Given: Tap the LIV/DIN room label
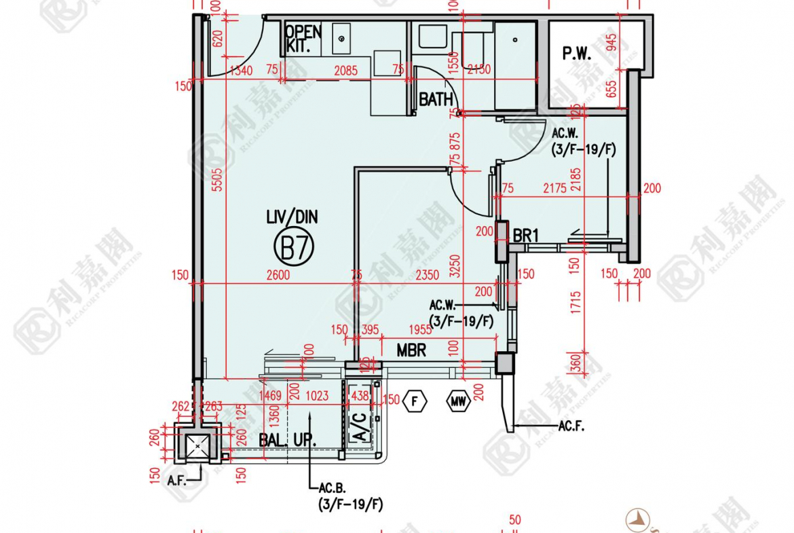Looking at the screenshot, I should (x=292, y=217).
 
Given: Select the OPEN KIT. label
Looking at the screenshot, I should (x=302, y=39).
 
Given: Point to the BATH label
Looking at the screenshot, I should (x=435, y=99).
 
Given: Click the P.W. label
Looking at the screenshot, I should (x=577, y=54).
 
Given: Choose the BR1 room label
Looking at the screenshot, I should (x=525, y=236).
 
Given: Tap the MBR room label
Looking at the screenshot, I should (x=411, y=350).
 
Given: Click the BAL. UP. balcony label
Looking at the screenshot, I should (x=287, y=440).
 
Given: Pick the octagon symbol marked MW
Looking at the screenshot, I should (x=458, y=401).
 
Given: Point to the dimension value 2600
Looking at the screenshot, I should (x=278, y=275).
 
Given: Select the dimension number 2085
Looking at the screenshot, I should (x=346, y=69).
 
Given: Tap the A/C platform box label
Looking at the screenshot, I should (x=361, y=428).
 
